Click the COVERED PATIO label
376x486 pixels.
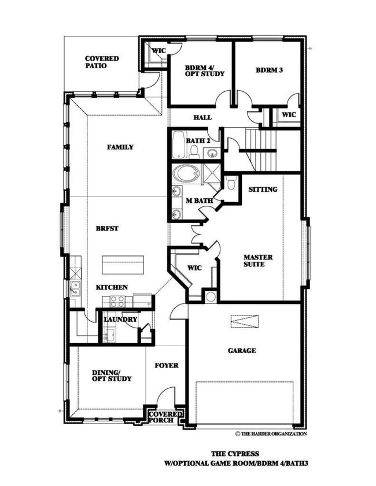[102, 62]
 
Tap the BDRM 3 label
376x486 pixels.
[270, 70]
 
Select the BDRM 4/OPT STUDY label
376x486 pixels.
[204, 71]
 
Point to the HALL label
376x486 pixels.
[202, 117]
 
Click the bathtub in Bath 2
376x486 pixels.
[179, 144]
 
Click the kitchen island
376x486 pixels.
[123, 265]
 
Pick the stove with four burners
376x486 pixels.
[117, 302]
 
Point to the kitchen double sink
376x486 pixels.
[75, 288]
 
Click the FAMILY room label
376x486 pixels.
[120, 147]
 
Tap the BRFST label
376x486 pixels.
[107, 228]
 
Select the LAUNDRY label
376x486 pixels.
[120, 319]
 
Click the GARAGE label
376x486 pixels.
[242, 351]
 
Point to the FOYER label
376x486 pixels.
[167, 365]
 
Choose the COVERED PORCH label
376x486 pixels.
[165, 417]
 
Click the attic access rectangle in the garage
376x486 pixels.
[245, 321]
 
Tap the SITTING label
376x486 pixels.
[263, 190]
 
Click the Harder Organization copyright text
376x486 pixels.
[271, 434]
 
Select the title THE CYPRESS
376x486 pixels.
[235, 454]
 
